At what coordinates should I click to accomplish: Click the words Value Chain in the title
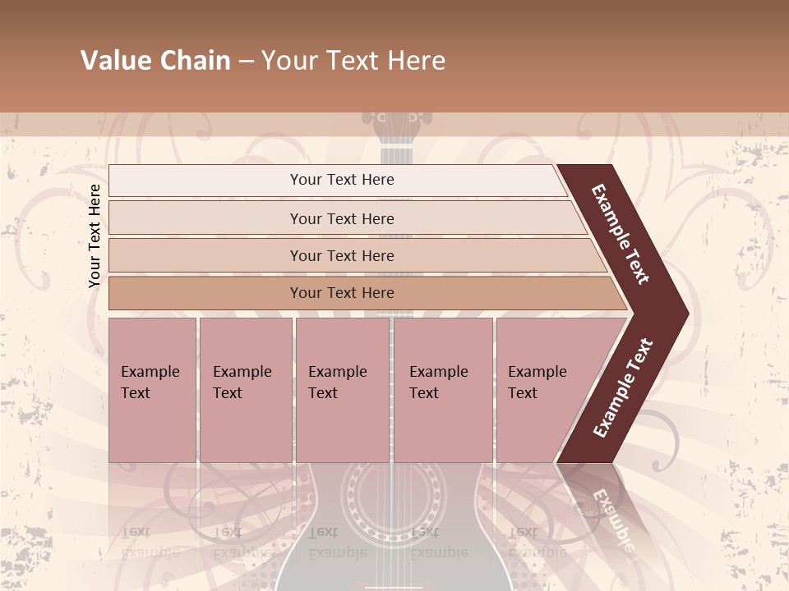155,61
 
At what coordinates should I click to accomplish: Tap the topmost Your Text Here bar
341,180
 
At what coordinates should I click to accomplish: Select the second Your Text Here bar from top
341,218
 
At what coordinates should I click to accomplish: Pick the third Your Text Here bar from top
341,255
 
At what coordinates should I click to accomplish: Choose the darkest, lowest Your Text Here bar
341,293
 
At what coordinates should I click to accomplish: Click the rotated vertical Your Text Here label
95,236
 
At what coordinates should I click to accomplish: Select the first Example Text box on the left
152,390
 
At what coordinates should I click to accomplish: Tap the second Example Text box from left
245,390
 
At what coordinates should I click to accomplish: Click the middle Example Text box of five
342,390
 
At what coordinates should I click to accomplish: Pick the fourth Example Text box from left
442,390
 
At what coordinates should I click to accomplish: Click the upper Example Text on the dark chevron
621,234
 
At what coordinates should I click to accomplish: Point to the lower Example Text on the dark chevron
623,387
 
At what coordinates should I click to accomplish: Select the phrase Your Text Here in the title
353,61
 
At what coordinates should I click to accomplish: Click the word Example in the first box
150,372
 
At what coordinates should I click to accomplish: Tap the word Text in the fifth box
523,393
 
